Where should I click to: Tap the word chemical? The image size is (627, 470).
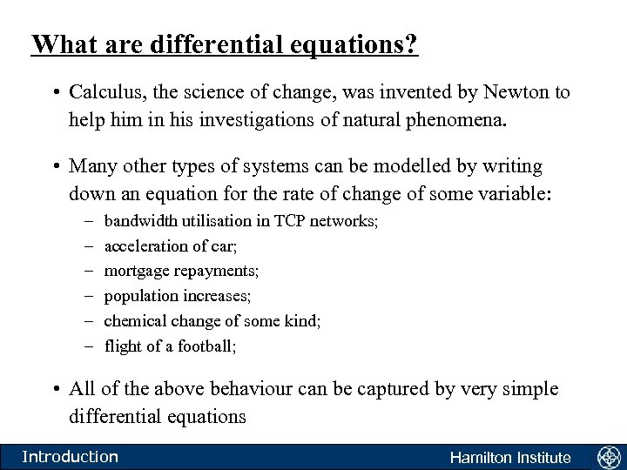click(x=132, y=321)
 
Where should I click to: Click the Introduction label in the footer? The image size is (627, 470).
click(x=70, y=457)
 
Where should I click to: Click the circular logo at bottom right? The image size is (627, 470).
click(x=608, y=457)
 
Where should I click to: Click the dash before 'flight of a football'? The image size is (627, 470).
click(x=91, y=346)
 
